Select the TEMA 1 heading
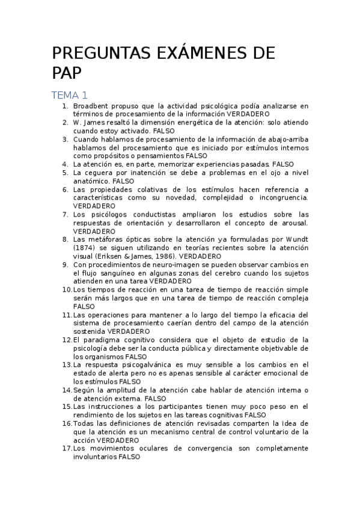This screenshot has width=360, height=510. (70, 95)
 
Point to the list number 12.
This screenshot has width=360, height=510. (66, 339)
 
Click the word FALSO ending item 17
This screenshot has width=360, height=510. (129, 456)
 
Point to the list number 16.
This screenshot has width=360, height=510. (66, 423)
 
